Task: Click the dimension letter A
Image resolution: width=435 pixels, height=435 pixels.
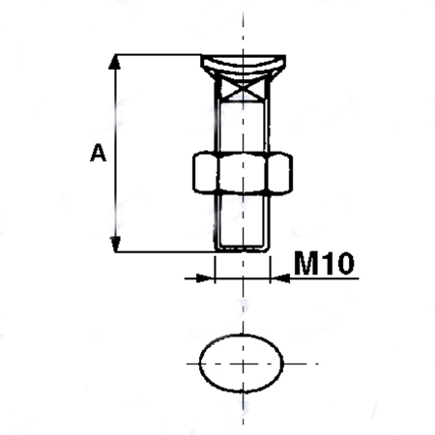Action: pyautogui.click(x=98, y=153)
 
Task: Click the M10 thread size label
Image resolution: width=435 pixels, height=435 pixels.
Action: pyautogui.click(x=324, y=263)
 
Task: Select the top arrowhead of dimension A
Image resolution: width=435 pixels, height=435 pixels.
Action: pyautogui.click(x=115, y=62)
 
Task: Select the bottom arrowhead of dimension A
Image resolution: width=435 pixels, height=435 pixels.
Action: pyautogui.click(x=115, y=244)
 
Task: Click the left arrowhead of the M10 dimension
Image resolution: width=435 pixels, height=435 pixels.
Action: pyautogui.click(x=206, y=278)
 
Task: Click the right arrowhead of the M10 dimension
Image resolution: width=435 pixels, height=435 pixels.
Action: pyautogui.click(x=279, y=278)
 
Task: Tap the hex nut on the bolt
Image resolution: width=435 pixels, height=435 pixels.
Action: pyautogui.click(x=243, y=173)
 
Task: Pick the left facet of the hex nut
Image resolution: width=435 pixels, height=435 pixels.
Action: pyautogui.click(x=205, y=173)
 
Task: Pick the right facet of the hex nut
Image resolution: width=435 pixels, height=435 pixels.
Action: pyautogui.click(x=280, y=173)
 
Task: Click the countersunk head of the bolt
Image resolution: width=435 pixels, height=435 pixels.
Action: pyautogui.click(x=243, y=66)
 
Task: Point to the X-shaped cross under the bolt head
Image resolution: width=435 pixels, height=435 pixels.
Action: pyautogui.click(x=243, y=89)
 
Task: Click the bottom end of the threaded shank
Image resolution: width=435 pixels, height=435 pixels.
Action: pyautogui.click(x=243, y=249)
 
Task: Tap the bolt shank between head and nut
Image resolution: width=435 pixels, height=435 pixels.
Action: pyautogui.click(x=243, y=126)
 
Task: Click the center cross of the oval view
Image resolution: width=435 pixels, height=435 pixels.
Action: pyautogui.click(x=243, y=363)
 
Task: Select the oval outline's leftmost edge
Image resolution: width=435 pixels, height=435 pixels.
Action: pyautogui.click(x=200, y=363)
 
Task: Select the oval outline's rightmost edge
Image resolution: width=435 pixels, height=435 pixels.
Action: pyautogui.click(x=282, y=363)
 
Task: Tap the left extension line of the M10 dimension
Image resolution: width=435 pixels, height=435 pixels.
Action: pyautogui.click(x=215, y=270)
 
